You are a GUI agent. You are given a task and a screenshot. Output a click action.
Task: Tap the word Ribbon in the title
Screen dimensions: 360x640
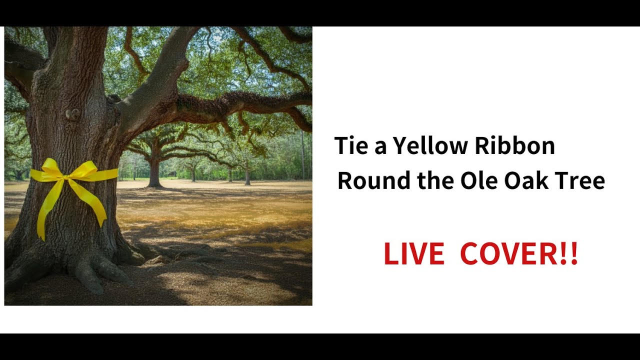coord(514,146)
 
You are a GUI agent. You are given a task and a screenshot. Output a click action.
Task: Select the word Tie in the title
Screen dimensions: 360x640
coord(349,146)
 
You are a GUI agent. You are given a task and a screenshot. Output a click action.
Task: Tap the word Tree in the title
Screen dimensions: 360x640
coord(580,180)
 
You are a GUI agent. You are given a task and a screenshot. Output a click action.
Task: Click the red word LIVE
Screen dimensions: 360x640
coord(413,254)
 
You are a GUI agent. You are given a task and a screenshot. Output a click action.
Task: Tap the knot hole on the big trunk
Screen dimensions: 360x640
coord(73,114)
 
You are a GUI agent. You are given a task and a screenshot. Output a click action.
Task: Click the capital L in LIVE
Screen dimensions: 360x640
coord(390,254)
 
